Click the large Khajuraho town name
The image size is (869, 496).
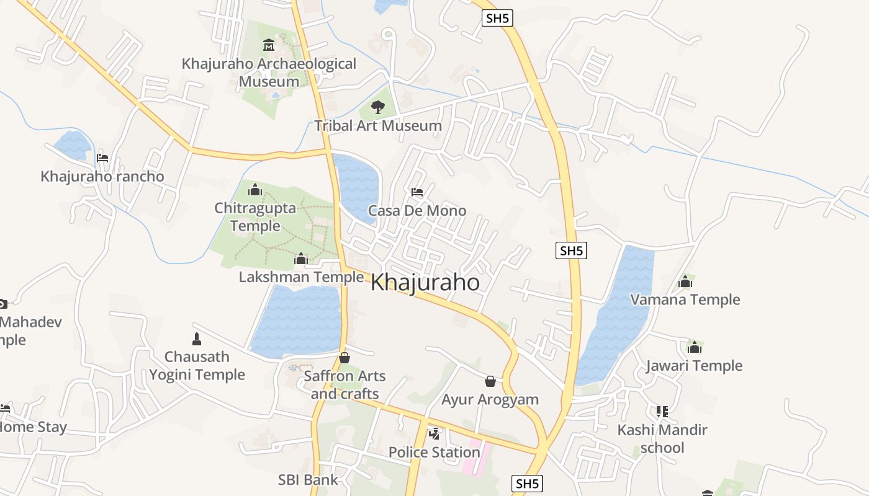point(425,283)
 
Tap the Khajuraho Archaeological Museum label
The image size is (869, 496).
point(269,73)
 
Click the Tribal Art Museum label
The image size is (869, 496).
point(378,126)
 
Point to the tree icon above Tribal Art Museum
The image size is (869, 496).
point(377,107)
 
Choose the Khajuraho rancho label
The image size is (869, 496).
point(102,177)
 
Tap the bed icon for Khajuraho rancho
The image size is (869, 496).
point(102,158)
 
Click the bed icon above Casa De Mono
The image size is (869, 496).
point(417,192)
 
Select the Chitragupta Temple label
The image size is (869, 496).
point(255,216)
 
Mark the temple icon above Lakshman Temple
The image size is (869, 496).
point(301,258)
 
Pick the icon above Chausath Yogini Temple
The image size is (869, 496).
point(197,339)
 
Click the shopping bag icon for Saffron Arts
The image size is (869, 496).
point(344,358)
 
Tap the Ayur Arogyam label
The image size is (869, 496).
point(490,399)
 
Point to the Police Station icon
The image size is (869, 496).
point(435,433)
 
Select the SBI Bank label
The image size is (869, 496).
point(308,480)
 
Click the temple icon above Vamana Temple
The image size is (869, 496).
point(685,282)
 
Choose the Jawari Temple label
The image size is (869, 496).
point(694,366)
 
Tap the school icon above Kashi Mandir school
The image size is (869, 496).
point(662,411)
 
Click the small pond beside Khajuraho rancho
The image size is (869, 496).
point(73,144)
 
